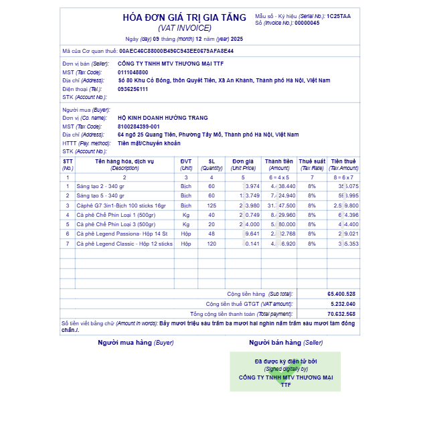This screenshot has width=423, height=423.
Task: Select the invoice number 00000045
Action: pyautogui.click(x=307, y=23)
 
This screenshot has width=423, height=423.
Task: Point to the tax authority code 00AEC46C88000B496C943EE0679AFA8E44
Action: pyautogui.click(x=177, y=50)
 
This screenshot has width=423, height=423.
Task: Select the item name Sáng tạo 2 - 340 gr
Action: pyautogui.click(x=100, y=186)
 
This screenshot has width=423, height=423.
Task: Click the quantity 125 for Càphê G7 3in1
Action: pyautogui.click(x=211, y=205)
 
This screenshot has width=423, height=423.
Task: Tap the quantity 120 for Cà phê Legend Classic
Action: pyautogui.click(x=211, y=244)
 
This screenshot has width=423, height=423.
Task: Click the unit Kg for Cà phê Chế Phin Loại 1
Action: pyautogui.click(x=186, y=215)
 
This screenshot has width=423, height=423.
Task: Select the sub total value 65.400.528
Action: pyautogui.click(x=341, y=294)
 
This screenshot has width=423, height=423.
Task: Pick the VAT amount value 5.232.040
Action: pyautogui.click(x=343, y=304)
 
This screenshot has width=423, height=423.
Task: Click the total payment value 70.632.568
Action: pyautogui.click(x=341, y=313)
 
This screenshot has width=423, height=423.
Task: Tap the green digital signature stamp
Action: pyautogui.click(x=285, y=371)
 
